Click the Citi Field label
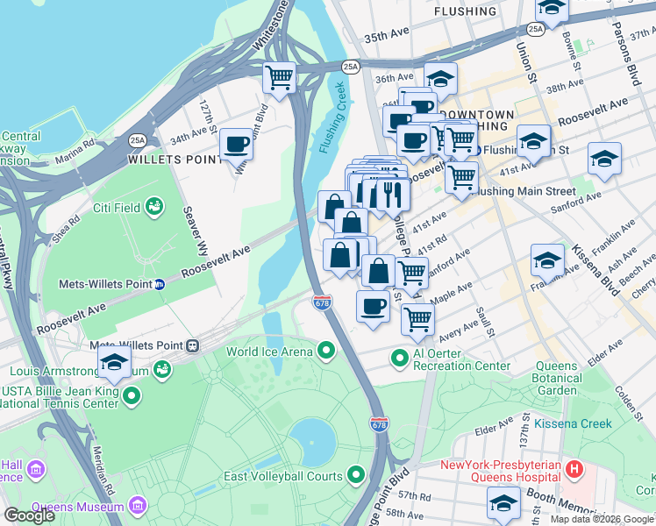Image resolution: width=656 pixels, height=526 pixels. click(x=118, y=209)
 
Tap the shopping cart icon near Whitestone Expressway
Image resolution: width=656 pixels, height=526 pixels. click(x=280, y=77)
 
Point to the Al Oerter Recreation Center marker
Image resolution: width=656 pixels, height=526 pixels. click(x=400, y=359)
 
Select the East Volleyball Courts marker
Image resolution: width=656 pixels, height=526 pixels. click(x=356, y=476)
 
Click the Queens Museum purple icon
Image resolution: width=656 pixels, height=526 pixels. click(x=138, y=506)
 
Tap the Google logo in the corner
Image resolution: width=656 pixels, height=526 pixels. click(x=30, y=515)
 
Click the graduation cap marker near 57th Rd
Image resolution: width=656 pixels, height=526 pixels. click(x=503, y=503)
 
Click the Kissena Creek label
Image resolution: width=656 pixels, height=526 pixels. click(x=580, y=423)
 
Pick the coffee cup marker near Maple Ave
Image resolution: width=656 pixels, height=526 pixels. click(x=374, y=307)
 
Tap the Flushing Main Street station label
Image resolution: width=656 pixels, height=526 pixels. click(x=524, y=190)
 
